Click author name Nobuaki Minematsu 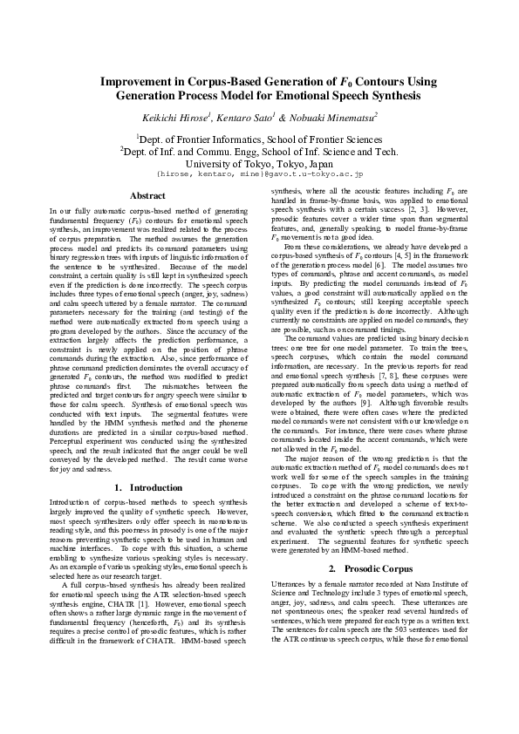click(336, 116)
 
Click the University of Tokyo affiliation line click(259, 162)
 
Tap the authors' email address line click(259, 173)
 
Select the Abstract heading click(147, 195)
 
